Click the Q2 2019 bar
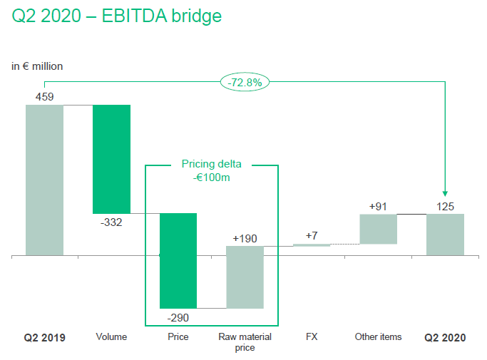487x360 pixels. tap(44, 180)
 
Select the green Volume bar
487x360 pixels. tap(111, 160)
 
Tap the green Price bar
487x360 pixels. tap(178, 261)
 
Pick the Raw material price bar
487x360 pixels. tap(245, 277)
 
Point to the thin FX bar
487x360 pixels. tap(312, 245)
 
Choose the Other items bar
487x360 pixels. tap(379, 230)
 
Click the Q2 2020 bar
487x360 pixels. tap(445, 235)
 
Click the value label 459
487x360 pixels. tap(44, 97)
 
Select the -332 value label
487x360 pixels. tap(111, 222)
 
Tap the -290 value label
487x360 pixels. tap(178, 318)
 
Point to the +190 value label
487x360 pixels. tap(245, 239)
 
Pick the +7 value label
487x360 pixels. tap(312, 236)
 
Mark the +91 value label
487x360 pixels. tap(378, 207)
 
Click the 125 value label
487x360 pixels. tap(445, 207)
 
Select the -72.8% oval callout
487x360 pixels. tap(245, 82)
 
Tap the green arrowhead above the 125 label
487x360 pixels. tap(445, 193)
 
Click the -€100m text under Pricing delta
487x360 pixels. tap(212, 178)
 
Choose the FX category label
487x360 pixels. tap(312, 336)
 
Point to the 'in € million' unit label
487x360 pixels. tap(37, 66)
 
